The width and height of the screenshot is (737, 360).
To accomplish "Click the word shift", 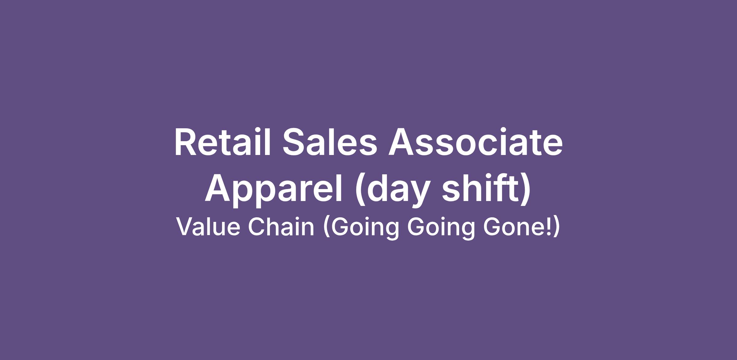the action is point(481,188).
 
